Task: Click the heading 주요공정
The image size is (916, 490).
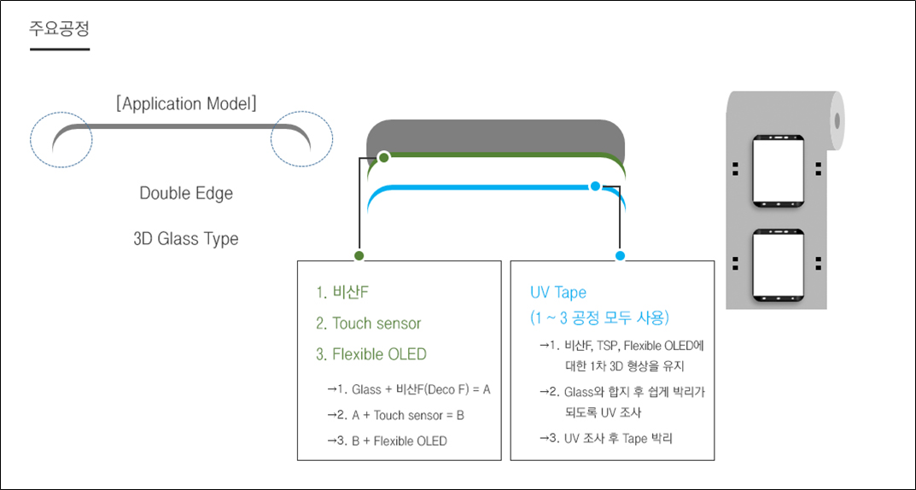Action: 59,28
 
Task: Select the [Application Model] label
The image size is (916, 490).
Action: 186,104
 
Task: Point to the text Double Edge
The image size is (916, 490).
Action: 186,193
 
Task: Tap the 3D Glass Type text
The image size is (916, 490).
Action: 186,239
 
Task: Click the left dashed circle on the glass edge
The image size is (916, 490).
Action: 60,140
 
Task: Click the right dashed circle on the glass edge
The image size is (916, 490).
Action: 301,140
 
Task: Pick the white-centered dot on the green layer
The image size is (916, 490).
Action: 384,157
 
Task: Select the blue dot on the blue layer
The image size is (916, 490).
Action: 595,185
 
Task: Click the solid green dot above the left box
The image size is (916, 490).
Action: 359,255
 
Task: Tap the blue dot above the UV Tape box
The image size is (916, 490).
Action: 620,255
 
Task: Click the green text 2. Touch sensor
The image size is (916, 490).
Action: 368,324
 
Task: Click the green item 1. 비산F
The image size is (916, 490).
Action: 341,293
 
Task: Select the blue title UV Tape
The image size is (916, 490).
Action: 558,293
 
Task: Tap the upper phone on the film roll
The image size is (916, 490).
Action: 778,172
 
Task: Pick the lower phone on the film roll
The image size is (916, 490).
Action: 778,264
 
